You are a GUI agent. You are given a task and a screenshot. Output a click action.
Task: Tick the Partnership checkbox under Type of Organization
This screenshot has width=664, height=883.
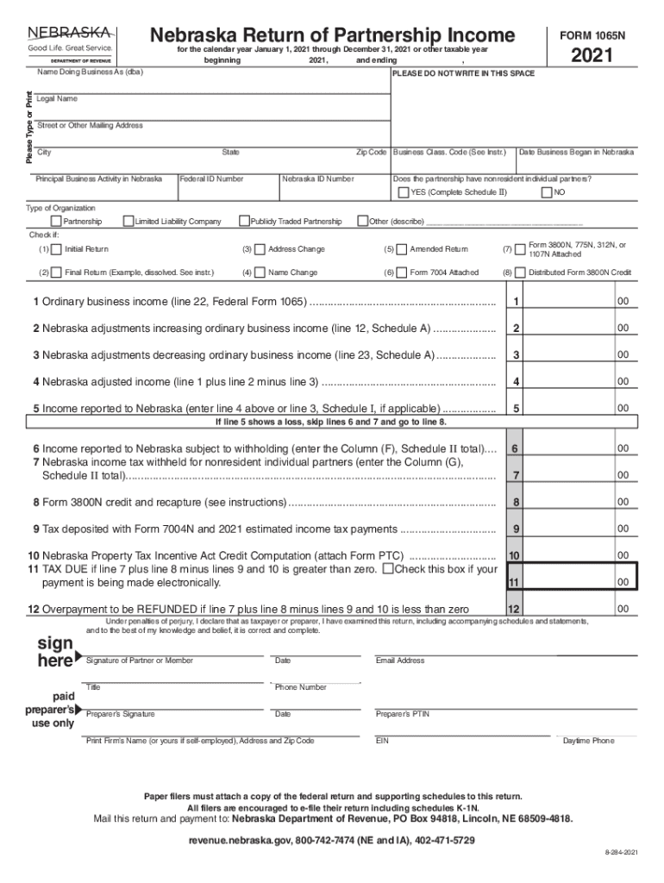[x=56, y=222]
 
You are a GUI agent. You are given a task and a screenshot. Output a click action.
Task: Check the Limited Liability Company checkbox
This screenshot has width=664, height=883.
[x=128, y=222]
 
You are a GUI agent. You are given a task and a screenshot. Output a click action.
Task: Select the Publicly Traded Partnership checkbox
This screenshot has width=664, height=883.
[x=244, y=222]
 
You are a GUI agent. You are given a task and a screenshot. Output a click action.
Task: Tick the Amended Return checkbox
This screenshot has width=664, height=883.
[x=402, y=249]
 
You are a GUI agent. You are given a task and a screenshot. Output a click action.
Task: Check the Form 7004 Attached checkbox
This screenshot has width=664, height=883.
[x=402, y=272]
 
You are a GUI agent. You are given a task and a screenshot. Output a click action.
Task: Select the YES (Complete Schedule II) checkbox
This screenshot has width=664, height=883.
[x=403, y=192]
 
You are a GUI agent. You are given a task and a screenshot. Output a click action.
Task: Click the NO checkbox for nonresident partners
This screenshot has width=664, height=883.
[x=546, y=192]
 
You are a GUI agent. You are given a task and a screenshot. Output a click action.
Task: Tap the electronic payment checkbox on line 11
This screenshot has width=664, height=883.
[x=388, y=569]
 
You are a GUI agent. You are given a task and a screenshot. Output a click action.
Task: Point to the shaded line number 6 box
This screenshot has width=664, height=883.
[x=514, y=448]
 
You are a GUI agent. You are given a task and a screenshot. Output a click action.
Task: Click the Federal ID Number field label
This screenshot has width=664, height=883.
[x=212, y=178]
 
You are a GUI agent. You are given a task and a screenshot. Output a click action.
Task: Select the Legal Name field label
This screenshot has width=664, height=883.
[x=57, y=99]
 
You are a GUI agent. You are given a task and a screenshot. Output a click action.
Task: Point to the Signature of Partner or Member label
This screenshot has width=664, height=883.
[x=140, y=661]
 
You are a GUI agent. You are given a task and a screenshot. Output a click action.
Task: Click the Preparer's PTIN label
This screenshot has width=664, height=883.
[x=403, y=714]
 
